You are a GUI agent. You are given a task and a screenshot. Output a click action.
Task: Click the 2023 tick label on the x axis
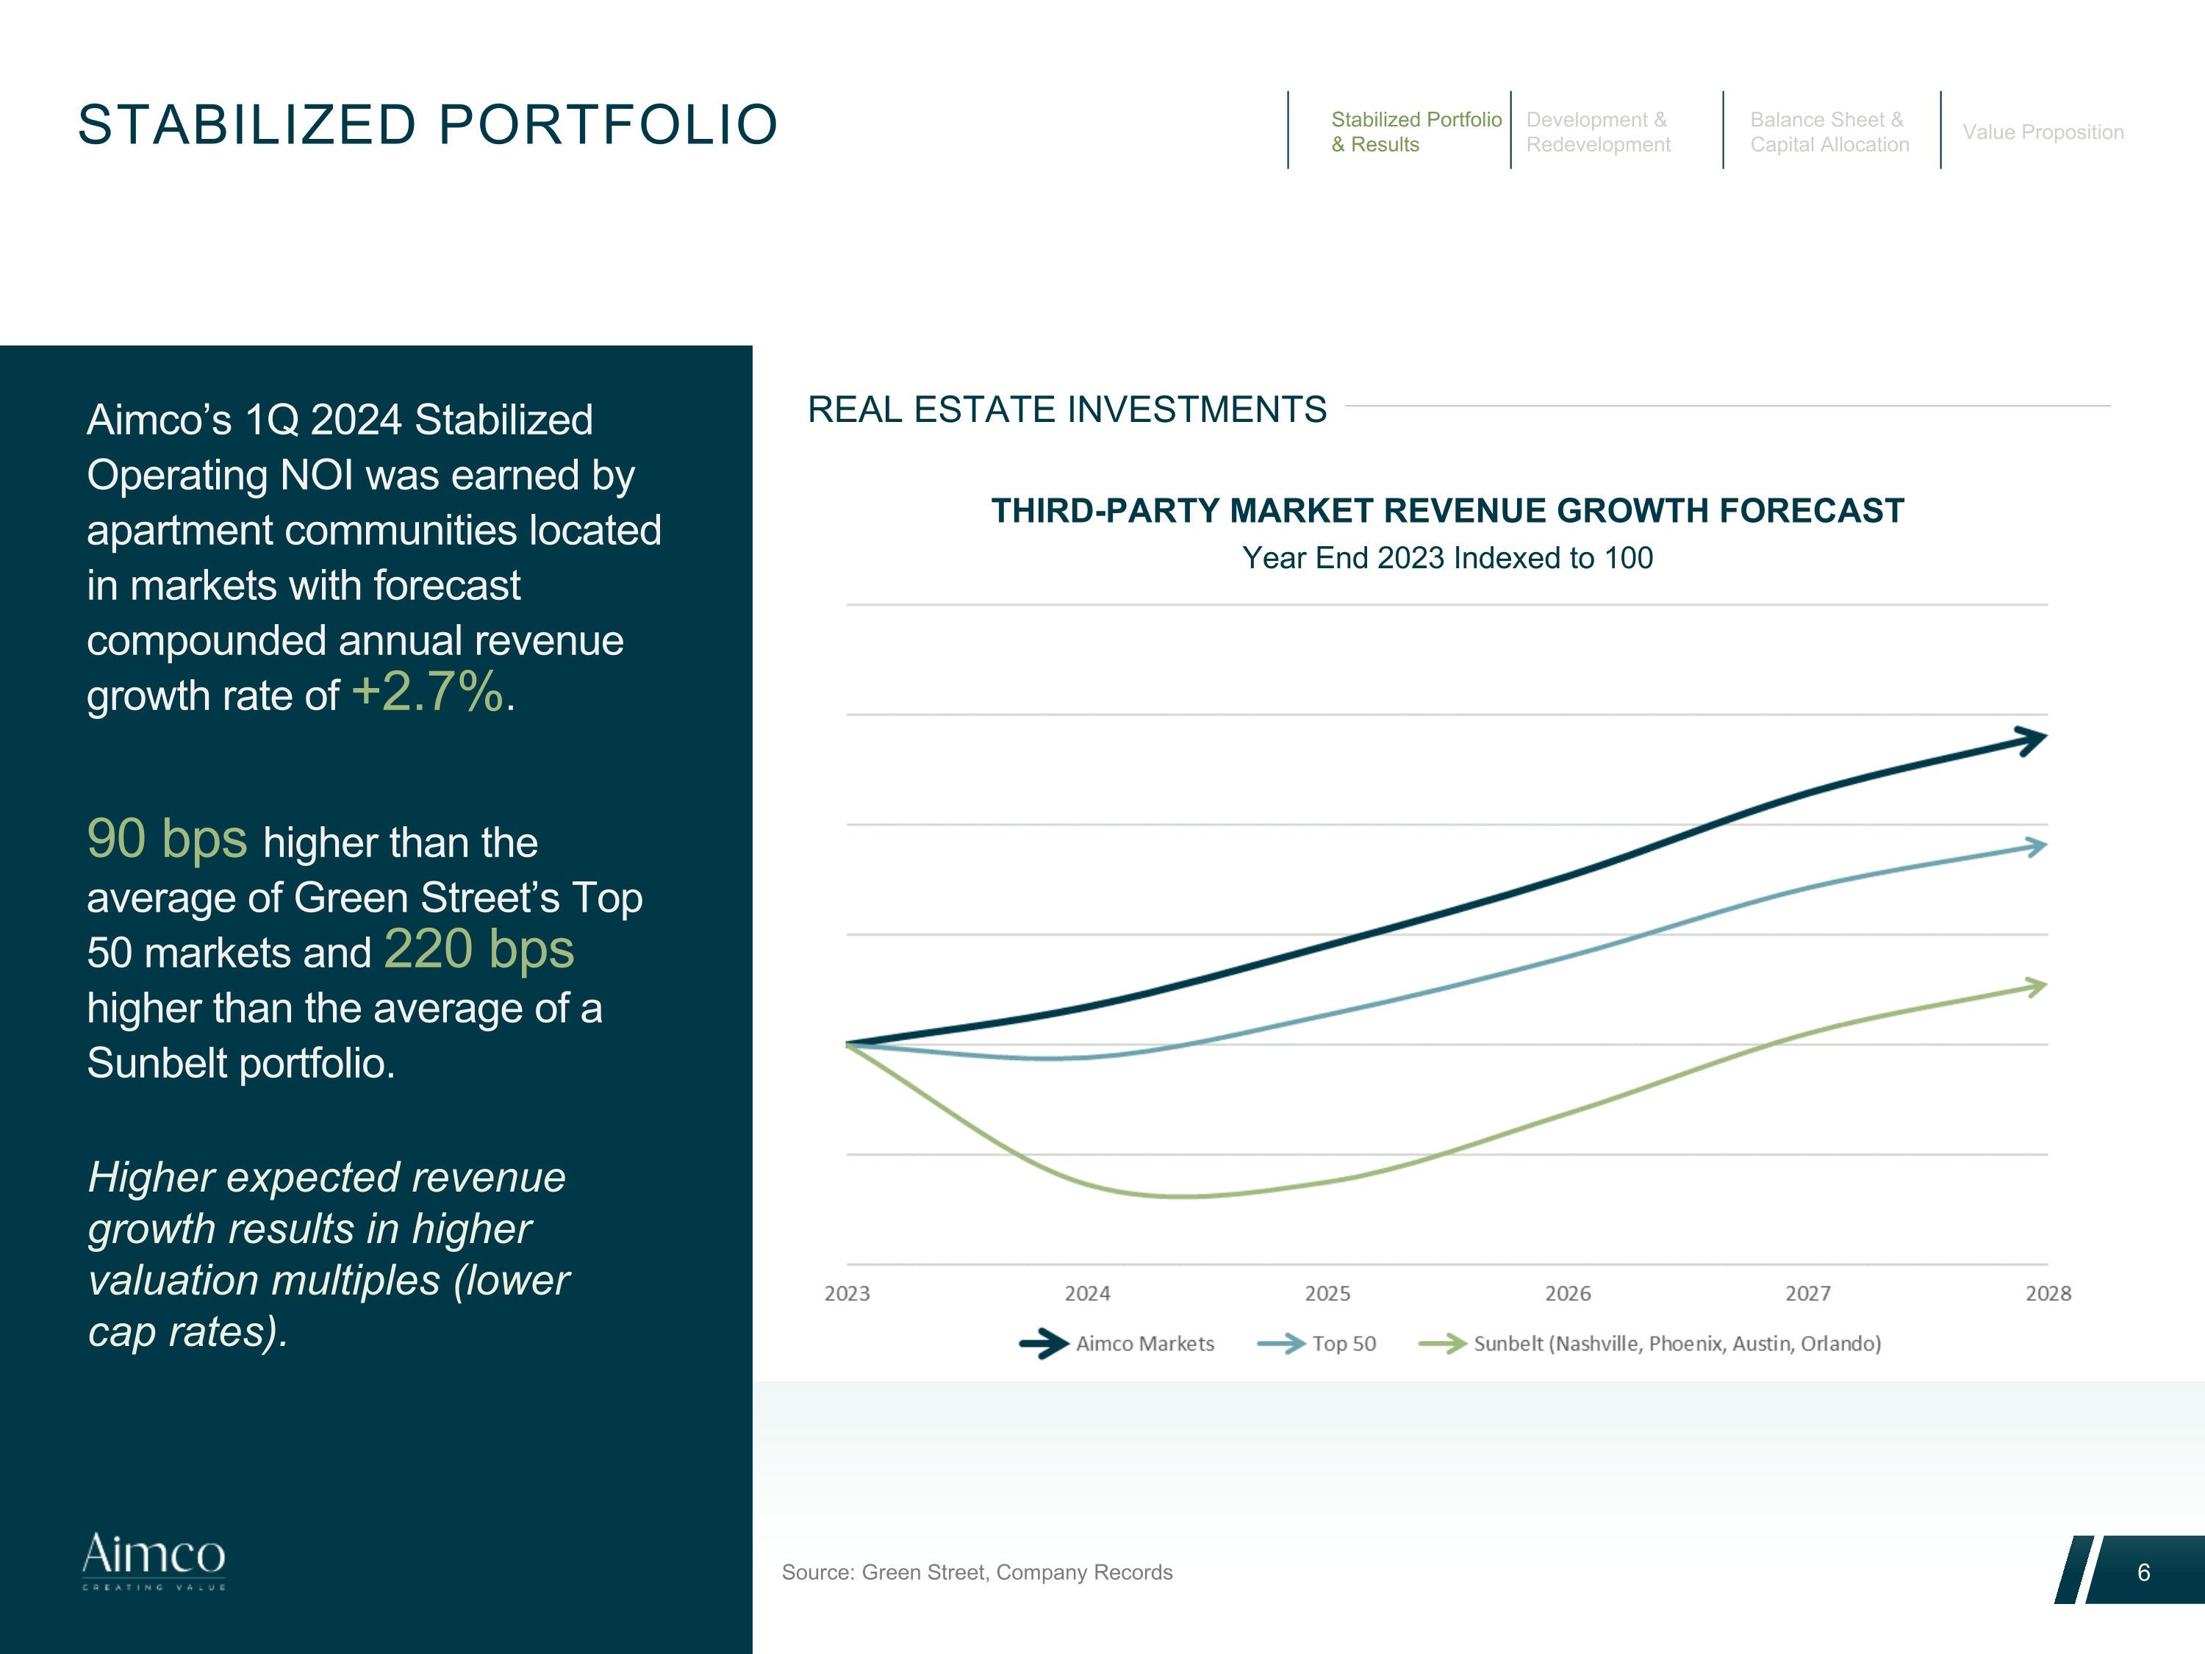click(x=846, y=1293)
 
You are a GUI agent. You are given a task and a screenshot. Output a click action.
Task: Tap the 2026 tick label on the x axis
click(x=1567, y=1293)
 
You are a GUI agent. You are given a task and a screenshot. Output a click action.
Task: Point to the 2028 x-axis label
click(x=2048, y=1293)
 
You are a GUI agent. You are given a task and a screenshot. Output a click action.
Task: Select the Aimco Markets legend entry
click(x=1144, y=1343)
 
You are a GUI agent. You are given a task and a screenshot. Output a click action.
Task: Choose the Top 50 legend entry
click(x=1343, y=1343)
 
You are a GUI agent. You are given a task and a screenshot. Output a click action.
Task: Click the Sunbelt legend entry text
click(x=1677, y=1343)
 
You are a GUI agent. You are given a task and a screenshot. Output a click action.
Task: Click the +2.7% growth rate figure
click(x=428, y=691)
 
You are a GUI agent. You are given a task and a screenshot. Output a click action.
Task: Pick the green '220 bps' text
click(x=478, y=948)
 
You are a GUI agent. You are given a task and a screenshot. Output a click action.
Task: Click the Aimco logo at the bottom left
click(x=154, y=1561)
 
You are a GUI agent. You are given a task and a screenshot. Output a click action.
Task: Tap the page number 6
click(x=2143, y=1572)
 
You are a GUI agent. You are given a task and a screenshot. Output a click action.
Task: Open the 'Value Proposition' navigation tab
click(x=2043, y=132)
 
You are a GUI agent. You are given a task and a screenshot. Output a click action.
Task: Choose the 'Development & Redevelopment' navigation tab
click(x=1597, y=132)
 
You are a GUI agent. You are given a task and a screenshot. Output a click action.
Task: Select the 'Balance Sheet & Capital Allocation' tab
click(x=1829, y=132)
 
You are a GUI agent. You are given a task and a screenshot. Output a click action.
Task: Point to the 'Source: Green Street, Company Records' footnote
click(x=977, y=1572)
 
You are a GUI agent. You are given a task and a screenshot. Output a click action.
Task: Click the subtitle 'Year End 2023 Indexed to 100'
click(x=1447, y=557)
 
